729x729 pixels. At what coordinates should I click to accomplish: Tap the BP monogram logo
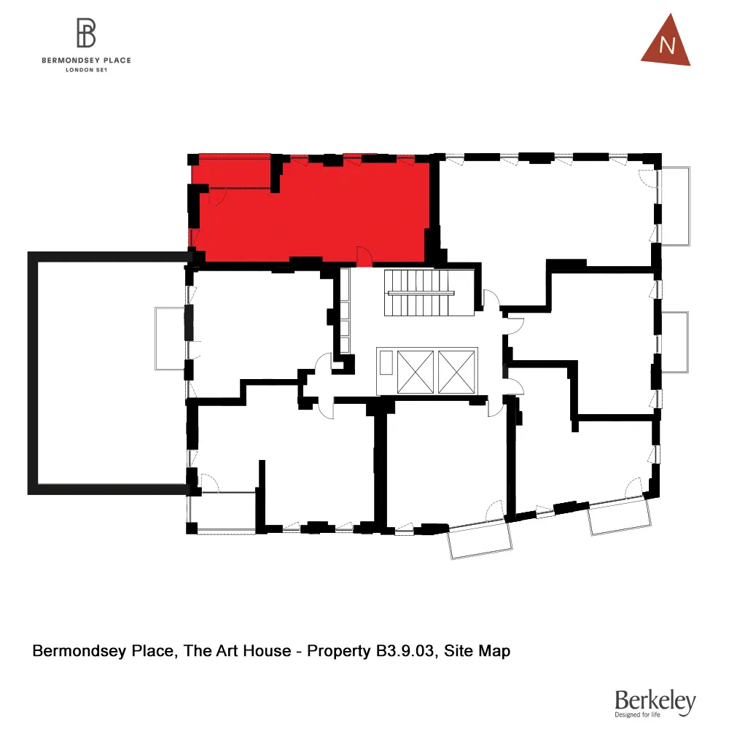[x=87, y=34]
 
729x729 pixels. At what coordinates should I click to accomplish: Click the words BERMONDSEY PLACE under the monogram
[x=87, y=61]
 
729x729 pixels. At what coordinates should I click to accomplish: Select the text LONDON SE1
[x=87, y=70]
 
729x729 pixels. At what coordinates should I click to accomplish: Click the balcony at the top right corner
[x=674, y=206]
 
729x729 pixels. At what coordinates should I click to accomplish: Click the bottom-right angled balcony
[x=620, y=517]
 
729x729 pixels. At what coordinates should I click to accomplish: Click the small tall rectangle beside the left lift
[x=386, y=362]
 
